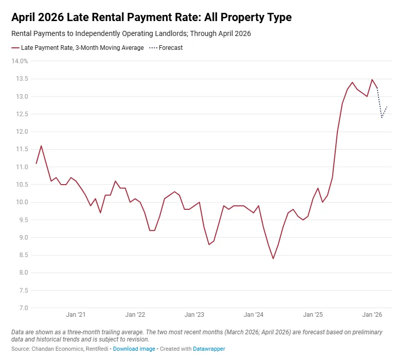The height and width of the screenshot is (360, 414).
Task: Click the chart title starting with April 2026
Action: (x=151, y=17)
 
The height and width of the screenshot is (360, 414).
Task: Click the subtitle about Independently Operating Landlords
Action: (x=131, y=34)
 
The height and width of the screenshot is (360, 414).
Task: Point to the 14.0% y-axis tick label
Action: (x=20, y=61)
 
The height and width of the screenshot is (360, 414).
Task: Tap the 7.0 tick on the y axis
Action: (x=23, y=308)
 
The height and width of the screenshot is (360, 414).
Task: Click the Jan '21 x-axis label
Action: (x=76, y=315)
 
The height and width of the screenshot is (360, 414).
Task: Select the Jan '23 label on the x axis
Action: (x=194, y=315)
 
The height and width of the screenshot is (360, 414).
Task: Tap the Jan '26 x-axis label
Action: (x=372, y=315)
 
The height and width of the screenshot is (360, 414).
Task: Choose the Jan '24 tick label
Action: (x=254, y=315)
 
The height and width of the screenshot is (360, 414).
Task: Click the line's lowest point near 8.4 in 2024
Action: (x=273, y=258)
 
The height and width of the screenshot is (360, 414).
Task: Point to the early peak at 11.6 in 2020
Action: (x=41, y=146)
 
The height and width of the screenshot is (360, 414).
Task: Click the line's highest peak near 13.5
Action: (x=372, y=80)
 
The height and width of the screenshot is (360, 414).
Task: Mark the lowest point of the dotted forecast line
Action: (x=382, y=118)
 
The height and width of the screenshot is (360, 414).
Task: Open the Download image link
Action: (x=134, y=349)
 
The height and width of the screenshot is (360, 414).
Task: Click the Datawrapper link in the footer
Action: (x=209, y=349)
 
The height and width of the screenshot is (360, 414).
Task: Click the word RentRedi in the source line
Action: (x=97, y=349)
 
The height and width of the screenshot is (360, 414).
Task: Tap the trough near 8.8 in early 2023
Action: (x=209, y=244)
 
